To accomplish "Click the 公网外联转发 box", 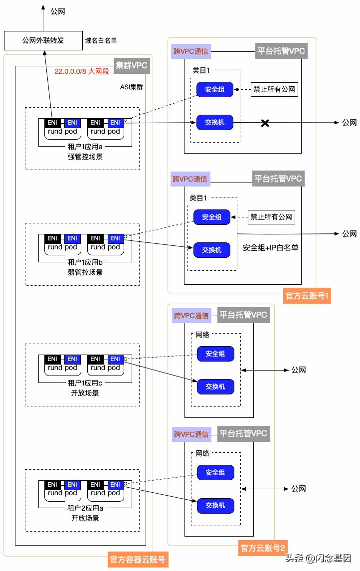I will [x=43, y=40].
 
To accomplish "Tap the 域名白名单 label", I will [x=101, y=40].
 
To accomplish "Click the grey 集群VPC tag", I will [x=132, y=65].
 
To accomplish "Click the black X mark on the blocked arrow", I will [x=265, y=123].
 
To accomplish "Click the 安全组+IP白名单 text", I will [x=270, y=247].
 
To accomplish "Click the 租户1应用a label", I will [x=85, y=147].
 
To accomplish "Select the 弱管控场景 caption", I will [x=85, y=272].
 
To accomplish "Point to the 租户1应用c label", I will [x=85, y=383].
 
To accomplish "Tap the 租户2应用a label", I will [x=85, y=508].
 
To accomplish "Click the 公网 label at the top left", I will [x=58, y=11].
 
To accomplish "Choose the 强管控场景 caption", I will [x=85, y=157].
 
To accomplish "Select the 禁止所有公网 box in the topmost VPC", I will [x=274, y=90].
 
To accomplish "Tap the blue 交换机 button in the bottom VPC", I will [x=215, y=505].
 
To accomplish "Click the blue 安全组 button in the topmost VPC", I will [x=215, y=90].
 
